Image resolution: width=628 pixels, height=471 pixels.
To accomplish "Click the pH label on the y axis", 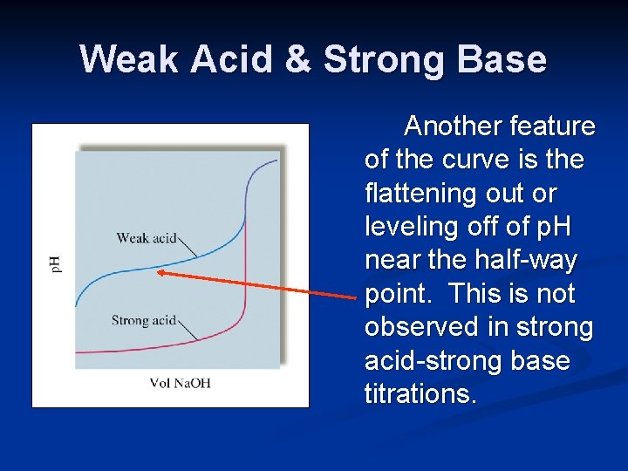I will coord(55,263).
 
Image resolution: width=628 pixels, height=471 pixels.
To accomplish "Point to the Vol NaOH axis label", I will coord(181,383).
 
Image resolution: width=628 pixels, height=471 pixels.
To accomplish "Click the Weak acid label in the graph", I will coord(147,237).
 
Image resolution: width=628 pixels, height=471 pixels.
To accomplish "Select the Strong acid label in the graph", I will coord(143,320).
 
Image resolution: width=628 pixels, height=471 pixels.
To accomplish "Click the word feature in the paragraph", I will coord(554,126).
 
